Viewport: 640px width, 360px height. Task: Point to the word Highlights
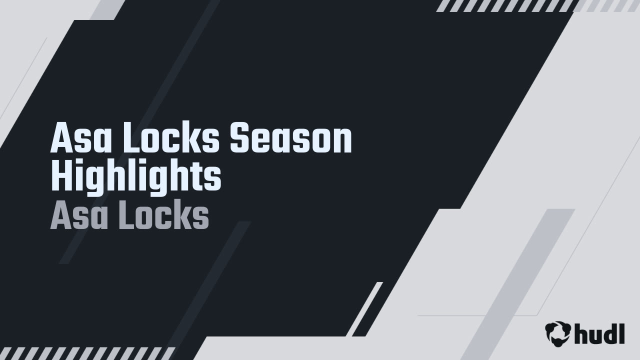pyautogui.click(x=136, y=177)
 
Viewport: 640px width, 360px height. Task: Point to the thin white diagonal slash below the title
pyautogui.click(x=365, y=309)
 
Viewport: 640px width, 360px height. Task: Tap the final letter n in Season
pyautogui.click(x=343, y=141)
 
